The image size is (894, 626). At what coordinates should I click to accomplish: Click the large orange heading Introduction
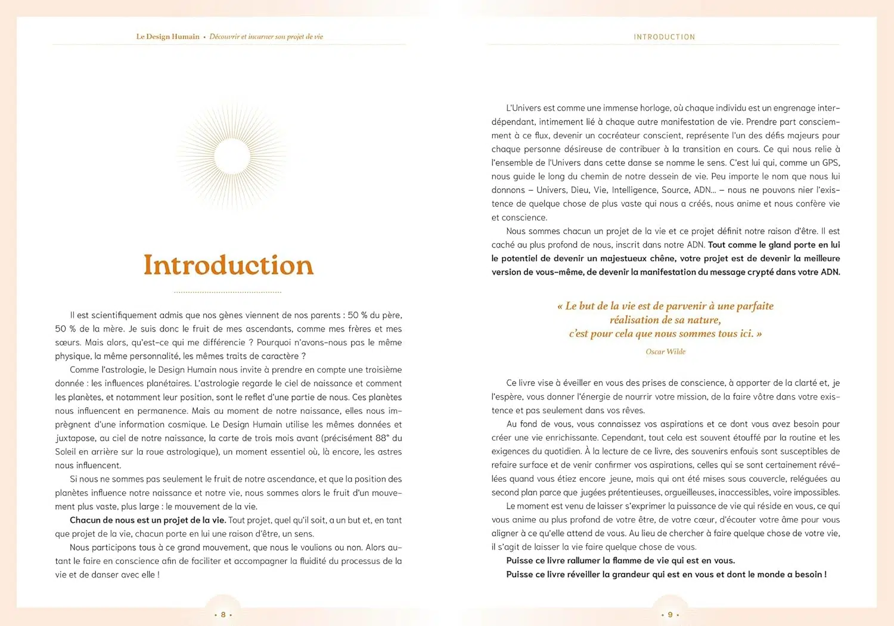point(228,265)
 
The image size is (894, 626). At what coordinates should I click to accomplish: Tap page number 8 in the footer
point(223,615)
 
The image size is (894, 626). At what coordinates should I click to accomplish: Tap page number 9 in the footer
point(670,615)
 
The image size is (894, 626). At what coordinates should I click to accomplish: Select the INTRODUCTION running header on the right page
point(664,37)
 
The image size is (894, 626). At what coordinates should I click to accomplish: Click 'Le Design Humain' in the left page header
point(167,36)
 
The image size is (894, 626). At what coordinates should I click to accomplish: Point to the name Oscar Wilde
point(665,352)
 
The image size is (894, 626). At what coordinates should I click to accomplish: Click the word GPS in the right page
point(831,163)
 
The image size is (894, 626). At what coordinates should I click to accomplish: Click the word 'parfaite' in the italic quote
point(755,306)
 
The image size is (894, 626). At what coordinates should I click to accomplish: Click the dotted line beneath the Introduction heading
point(228,292)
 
